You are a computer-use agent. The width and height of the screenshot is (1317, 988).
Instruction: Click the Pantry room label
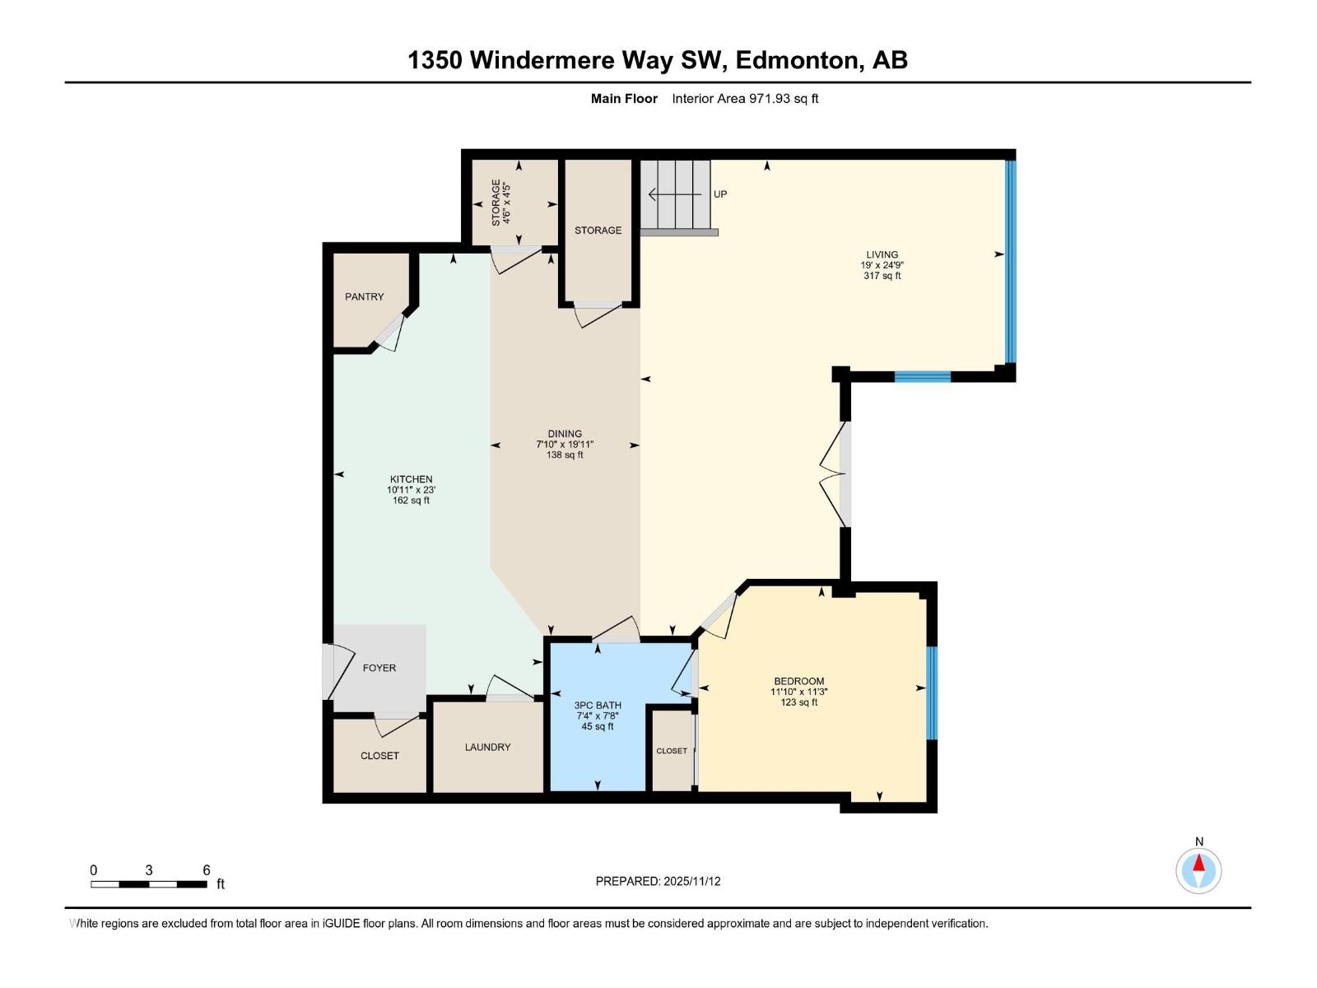coord(364,296)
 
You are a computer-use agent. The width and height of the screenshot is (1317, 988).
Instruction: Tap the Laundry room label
coord(487,747)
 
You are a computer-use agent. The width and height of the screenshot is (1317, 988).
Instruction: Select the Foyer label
coord(379,668)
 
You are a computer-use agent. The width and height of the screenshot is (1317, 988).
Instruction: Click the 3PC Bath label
coord(598,706)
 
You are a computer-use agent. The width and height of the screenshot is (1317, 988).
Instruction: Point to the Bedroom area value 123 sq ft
coord(798,702)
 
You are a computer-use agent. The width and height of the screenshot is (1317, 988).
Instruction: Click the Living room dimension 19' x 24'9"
coord(882,265)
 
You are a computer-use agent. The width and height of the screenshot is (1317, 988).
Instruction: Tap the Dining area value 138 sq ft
coord(565,454)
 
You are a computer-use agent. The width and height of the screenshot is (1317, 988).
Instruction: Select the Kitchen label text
coord(411,479)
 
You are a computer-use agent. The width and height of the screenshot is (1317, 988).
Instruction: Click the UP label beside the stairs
coord(720,194)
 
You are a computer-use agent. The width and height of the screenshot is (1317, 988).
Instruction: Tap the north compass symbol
coord(1198,869)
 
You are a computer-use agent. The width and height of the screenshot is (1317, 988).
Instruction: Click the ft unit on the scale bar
coord(221,884)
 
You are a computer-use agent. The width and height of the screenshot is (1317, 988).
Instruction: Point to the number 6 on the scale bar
coord(207,870)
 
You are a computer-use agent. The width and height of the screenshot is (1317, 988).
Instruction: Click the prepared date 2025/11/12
coord(691,881)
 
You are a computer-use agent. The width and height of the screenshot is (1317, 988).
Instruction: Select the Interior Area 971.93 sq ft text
coord(745,99)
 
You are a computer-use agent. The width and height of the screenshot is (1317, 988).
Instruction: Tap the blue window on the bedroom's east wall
coord(932,693)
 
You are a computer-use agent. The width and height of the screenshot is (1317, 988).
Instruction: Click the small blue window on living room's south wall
coord(922,377)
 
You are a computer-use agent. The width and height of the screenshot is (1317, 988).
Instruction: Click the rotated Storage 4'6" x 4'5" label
coord(501,203)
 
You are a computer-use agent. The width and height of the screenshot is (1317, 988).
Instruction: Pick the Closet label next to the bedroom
coord(672,751)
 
